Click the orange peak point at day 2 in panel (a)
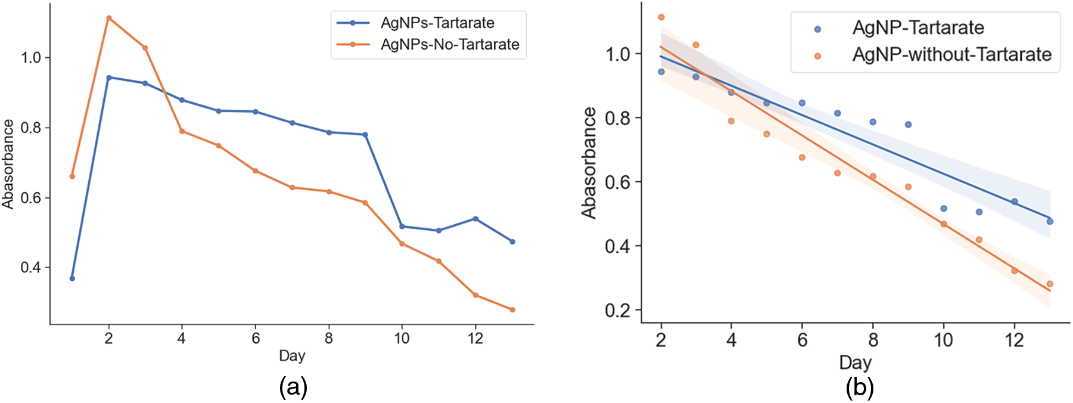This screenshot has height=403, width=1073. (108, 18)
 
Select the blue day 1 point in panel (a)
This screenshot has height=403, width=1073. (72, 278)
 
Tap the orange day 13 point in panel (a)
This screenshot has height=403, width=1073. (512, 309)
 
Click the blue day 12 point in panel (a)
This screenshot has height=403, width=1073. (475, 219)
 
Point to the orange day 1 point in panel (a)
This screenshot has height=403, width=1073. (72, 176)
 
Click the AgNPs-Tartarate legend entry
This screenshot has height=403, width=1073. (437, 23)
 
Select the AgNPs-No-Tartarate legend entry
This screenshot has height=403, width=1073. (450, 45)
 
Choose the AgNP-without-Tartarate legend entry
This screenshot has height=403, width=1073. (951, 55)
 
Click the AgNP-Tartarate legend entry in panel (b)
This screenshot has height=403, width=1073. (918, 28)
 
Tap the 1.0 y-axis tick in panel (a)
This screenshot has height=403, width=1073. (31, 58)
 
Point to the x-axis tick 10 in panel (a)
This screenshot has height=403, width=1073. (402, 339)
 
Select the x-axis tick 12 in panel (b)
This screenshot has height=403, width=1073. (1014, 340)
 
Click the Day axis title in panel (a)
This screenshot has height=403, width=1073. (292, 356)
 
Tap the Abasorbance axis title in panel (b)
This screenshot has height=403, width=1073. (589, 163)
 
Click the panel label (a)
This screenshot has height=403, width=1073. (293, 387)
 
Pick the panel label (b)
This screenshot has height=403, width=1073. (859, 387)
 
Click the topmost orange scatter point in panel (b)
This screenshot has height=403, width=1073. (661, 17)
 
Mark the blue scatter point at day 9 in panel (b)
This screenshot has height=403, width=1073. (909, 125)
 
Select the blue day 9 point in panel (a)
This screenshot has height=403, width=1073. (365, 135)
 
